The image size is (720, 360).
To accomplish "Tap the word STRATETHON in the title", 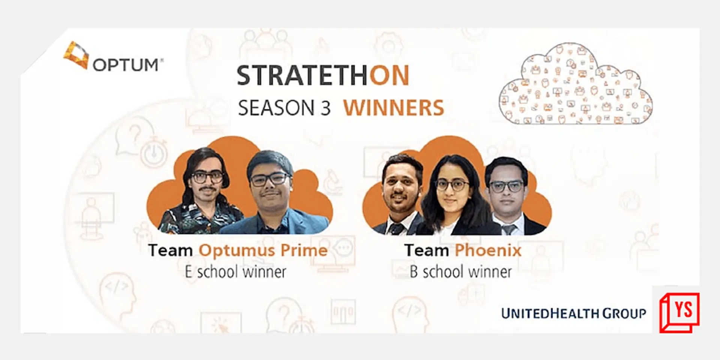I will (323, 76).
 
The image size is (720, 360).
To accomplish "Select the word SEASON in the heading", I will (276, 108).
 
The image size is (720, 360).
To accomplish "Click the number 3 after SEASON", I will (325, 108).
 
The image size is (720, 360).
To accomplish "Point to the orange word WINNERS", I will (393, 108).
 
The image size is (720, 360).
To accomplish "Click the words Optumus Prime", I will (263, 250).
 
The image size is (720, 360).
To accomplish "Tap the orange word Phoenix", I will (488, 250).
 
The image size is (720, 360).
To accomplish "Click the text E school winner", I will (235, 272).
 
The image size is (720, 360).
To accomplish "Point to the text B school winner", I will (460, 272).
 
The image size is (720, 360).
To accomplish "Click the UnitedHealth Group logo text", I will (573, 313).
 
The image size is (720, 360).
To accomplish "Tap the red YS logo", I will (679, 312).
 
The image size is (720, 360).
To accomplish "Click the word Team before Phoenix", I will (426, 250).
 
